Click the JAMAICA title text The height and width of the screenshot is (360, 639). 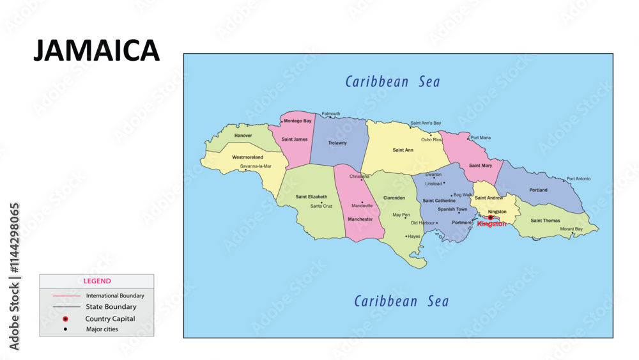[x=96, y=51]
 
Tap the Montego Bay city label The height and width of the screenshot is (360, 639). [x=298, y=121]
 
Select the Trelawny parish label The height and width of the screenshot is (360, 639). [x=337, y=143]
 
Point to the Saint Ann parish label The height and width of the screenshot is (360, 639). [x=403, y=150]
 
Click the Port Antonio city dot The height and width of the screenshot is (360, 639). [x=564, y=180]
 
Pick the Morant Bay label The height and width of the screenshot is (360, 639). [x=571, y=229]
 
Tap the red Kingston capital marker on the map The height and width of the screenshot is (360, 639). [x=491, y=217]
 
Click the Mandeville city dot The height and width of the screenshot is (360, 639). [x=362, y=202]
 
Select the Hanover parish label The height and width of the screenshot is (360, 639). [x=243, y=136]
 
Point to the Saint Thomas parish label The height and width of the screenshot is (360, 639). [x=545, y=221]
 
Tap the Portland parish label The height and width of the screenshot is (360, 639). [x=538, y=190]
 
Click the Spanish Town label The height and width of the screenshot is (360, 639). [x=452, y=209]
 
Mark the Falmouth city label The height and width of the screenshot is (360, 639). [x=330, y=114]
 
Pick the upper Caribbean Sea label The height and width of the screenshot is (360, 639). [x=392, y=82]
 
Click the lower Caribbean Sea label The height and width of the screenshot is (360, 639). [x=401, y=301]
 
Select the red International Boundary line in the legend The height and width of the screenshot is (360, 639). [x=66, y=296]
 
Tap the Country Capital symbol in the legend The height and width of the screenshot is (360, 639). [x=65, y=318]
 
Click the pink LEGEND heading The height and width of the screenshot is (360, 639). [x=97, y=281]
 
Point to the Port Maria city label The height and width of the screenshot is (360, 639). [x=481, y=137]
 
